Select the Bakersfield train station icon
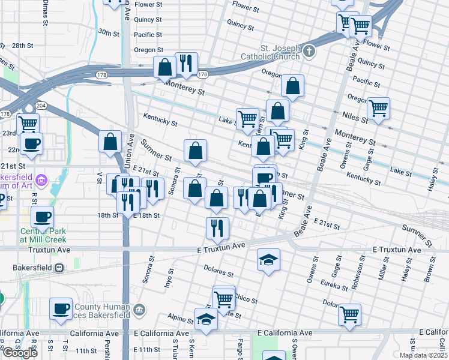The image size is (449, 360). click(x=59, y=268)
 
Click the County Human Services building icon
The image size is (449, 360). click(x=140, y=310)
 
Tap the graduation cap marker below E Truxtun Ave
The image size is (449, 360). click(x=269, y=260)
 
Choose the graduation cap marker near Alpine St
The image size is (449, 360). click(x=206, y=319)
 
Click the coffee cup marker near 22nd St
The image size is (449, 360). click(x=31, y=143)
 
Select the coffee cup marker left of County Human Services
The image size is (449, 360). click(x=61, y=308)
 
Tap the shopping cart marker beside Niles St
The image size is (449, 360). click(x=378, y=109)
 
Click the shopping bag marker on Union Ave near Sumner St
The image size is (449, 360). click(x=110, y=142)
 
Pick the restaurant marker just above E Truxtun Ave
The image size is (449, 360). click(x=217, y=227)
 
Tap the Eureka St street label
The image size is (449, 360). click(x=336, y=283)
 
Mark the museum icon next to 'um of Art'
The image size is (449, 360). click(x=41, y=179)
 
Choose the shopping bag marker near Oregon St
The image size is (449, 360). click(x=292, y=87)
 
